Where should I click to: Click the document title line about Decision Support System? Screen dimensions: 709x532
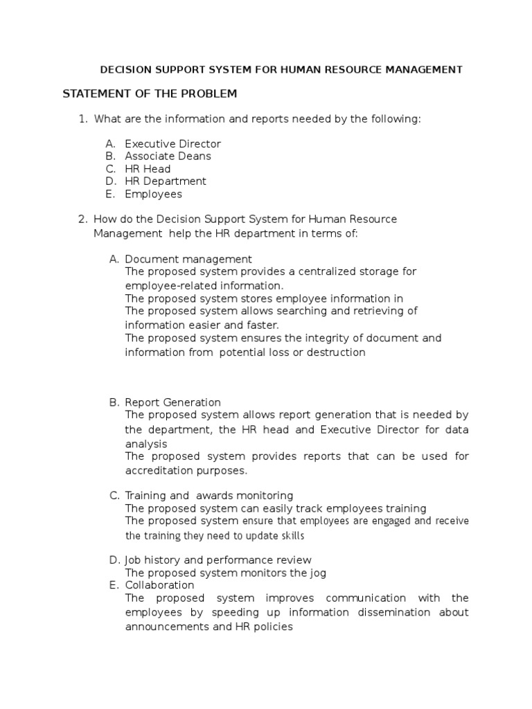pyautogui.click(x=281, y=70)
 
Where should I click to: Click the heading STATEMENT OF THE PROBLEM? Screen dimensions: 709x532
pyautogui.click(x=150, y=93)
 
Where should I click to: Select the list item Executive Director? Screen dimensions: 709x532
pyautogui.click(x=172, y=144)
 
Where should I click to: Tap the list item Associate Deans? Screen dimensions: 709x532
pyautogui.click(x=168, y=156)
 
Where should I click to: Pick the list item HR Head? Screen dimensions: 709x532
pyautogui.click(x=148, y=169)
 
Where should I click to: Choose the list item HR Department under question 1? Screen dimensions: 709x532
pyautogui.click(x=166, y=181)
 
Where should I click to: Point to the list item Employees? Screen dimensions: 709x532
pyautogui.click(x=153, y=194)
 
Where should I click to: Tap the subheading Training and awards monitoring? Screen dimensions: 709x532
pyautogui.click(x=209, y=496)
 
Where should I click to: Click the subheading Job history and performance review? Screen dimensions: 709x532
pyautogui.click(x=218, y=559)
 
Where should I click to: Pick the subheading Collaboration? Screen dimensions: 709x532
pyautogui.click(x=159, y=585)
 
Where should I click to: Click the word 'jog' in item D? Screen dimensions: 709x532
pyautogui.click(x=317, y=573)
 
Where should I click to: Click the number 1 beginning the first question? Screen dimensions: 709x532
pyautogui.click(x=82, y=119)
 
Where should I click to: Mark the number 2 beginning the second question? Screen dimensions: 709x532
pyautogui.click(x=82, y=219)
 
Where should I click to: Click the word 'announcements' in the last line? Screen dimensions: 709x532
pyautogui.click(x=164, y=627)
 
